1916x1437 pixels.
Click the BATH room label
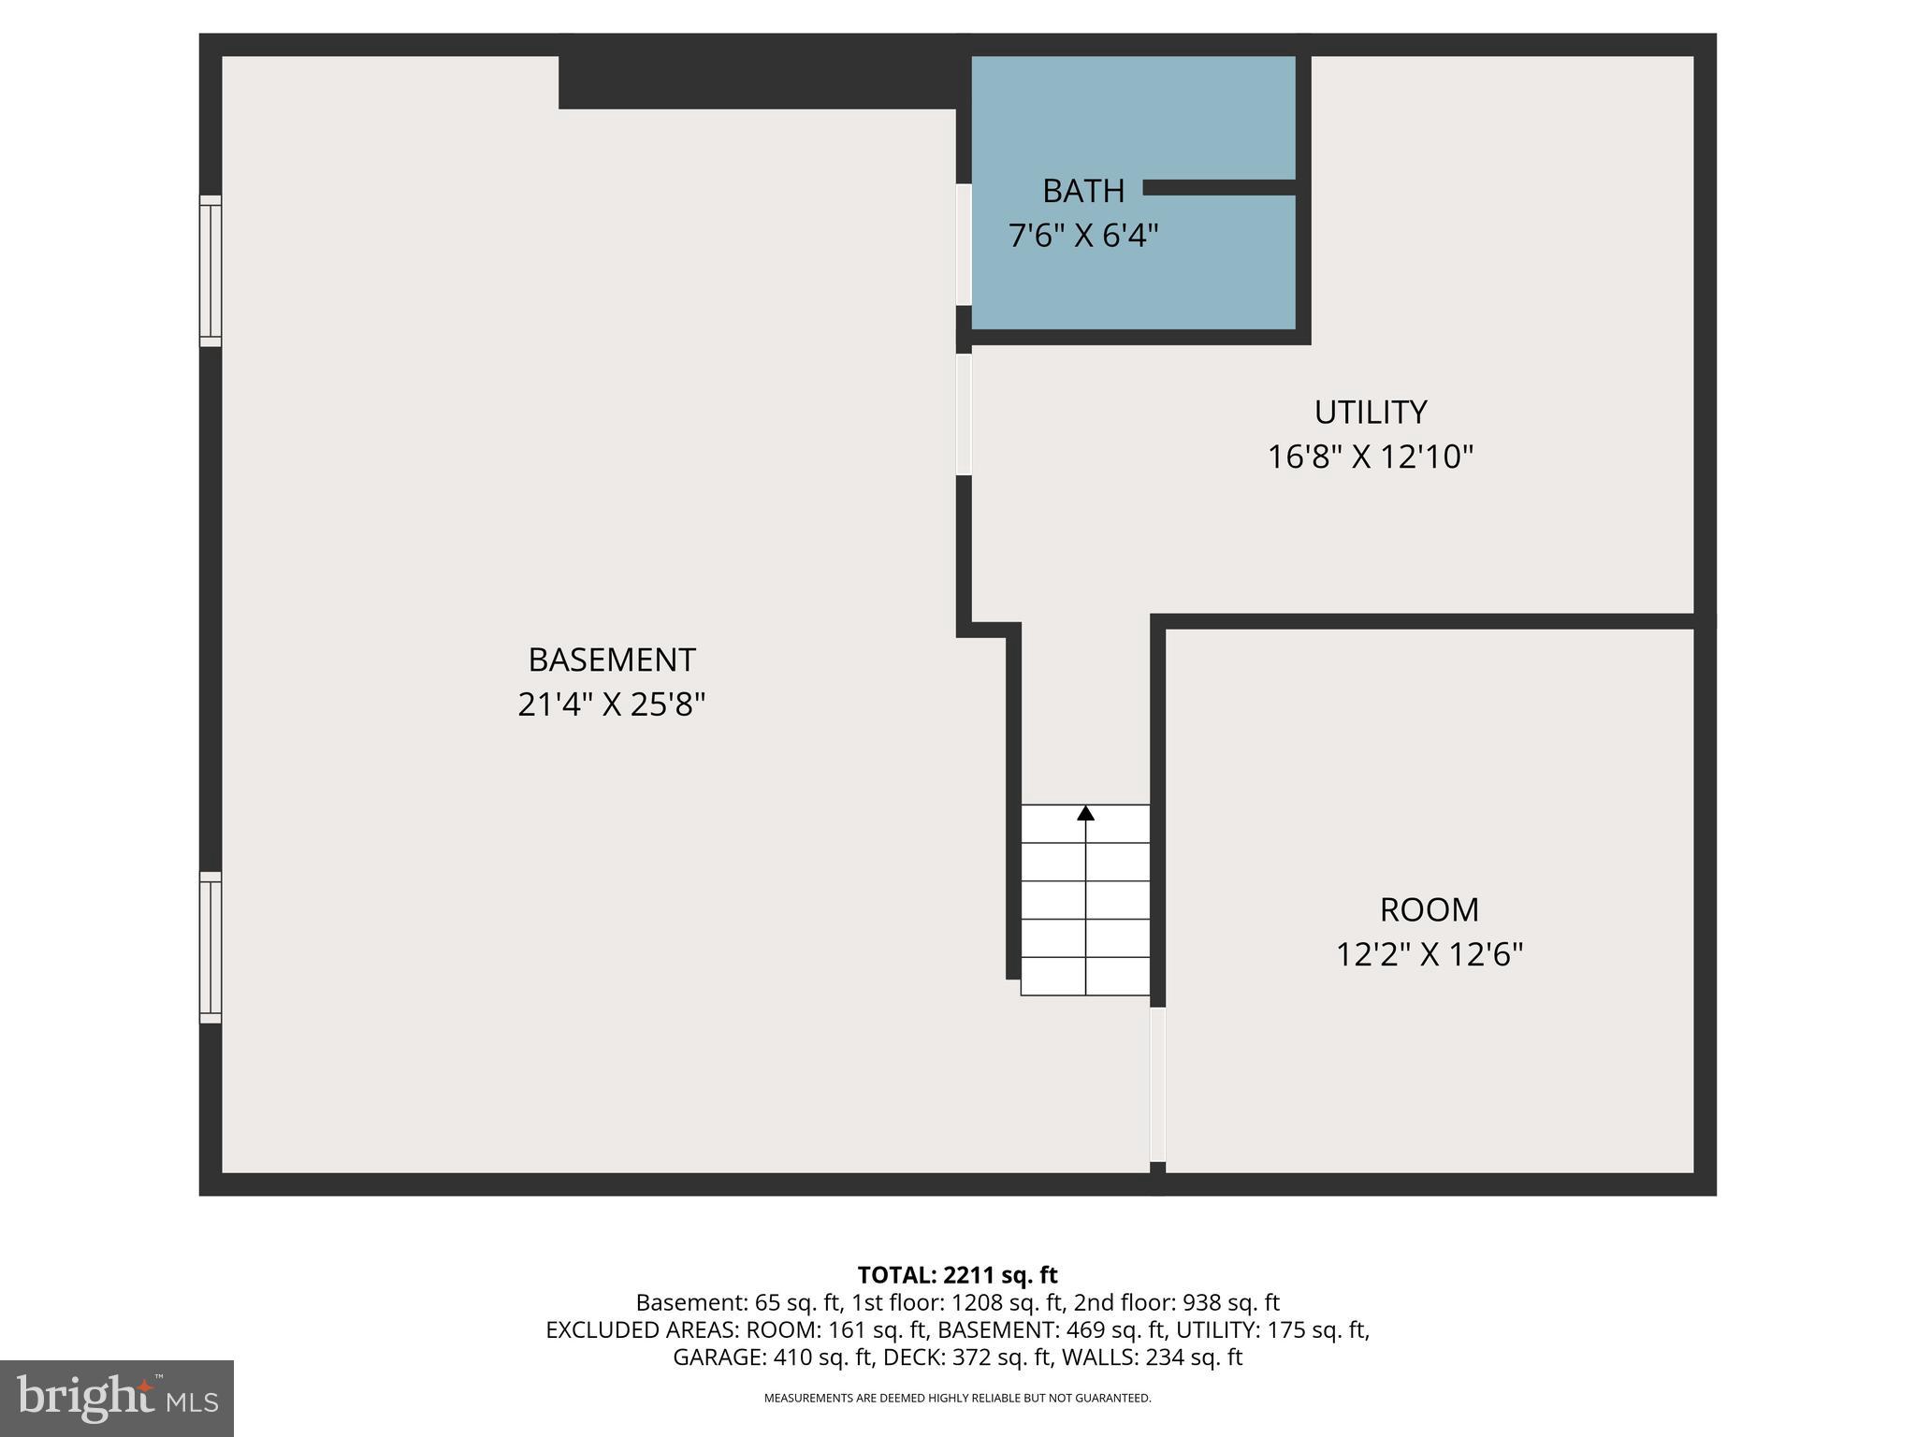point(1082,191)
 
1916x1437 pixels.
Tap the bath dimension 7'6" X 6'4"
point(1082,236)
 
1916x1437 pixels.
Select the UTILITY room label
point(1370,413)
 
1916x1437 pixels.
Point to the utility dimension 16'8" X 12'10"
point(1370,457)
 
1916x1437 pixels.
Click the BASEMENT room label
point(612,660)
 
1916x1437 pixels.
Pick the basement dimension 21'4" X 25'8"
point(612,704)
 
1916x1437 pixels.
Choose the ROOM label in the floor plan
point(1429,910)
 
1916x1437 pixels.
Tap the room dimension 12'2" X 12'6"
point(1429,955)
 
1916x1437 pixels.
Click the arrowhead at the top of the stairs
point(1085,813)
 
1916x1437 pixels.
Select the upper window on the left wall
point(210,271)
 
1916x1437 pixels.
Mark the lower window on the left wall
point(210,947)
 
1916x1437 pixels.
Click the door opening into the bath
point(964,244)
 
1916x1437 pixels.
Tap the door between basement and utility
point(964,414)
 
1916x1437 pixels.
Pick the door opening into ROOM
point(1157,1084)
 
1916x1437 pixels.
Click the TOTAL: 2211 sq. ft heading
point(957,1275)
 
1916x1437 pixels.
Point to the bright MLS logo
point(117,1398)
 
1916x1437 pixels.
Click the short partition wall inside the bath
point(1219,188)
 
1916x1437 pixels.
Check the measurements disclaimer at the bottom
point(957,1399)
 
